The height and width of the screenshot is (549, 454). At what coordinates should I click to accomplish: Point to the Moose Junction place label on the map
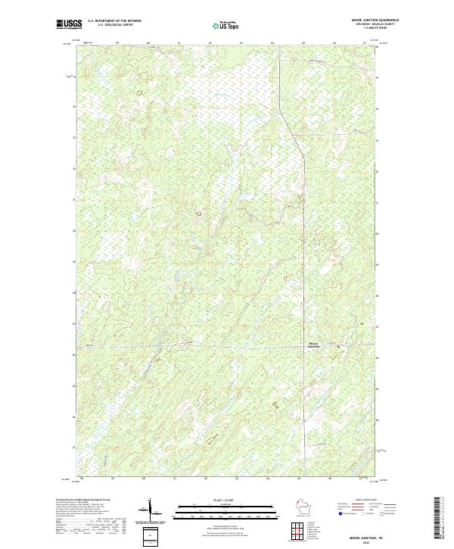[x=313, y=345]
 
